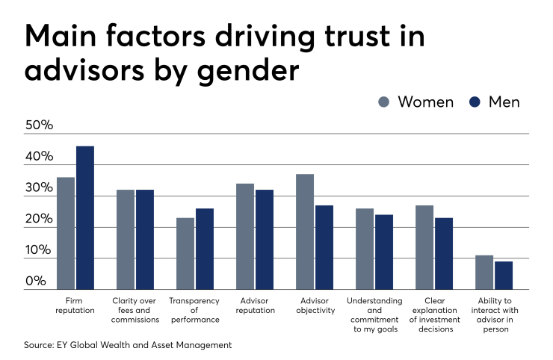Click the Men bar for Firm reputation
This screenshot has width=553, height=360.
coord(85,217)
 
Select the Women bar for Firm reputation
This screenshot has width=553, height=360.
coord(66,233)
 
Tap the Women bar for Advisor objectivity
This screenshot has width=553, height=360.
coord(305,232)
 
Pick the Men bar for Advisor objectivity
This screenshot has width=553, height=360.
coord(324,247)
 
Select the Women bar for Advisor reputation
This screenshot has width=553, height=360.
coord(245,236)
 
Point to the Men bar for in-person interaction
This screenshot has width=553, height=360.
coord(504,275)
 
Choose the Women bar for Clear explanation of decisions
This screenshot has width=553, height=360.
coord(424,247)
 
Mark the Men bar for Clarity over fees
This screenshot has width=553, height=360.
coord(145,239)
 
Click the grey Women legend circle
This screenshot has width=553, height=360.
coord(384,102)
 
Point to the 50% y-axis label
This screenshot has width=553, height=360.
coord(40,125)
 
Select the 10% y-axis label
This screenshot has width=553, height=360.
coord(40,250)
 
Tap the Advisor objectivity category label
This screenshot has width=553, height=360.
coord(315,305)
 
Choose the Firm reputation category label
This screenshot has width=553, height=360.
coord(75,305)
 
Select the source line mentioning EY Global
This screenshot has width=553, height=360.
coord(129,345)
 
